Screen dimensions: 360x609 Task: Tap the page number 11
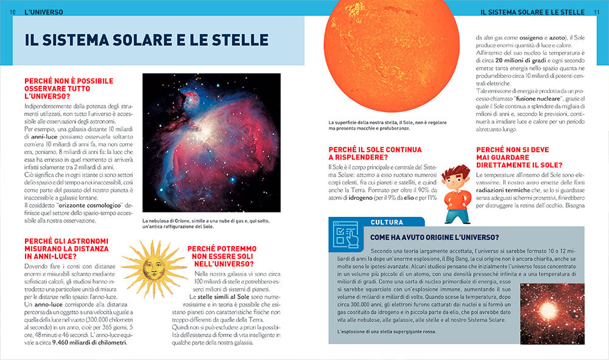tap(597, 12)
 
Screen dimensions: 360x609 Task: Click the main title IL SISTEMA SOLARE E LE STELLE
tap(147, 40)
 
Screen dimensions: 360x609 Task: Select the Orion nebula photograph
tap(211, 143)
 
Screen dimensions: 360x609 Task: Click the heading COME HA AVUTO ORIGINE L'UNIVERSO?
tap(435, 237)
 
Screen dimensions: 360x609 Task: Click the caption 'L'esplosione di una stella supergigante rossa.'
tap(394, 331)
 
